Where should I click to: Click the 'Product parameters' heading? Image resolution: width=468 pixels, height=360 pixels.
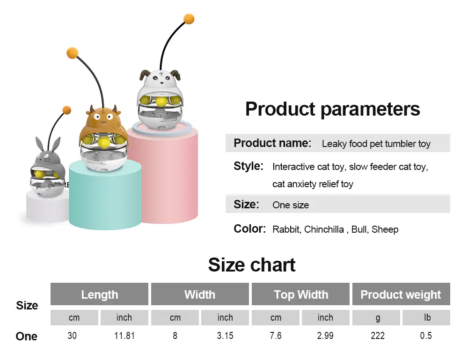click(332, 109)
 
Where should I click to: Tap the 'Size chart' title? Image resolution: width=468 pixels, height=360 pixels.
click(252, 265)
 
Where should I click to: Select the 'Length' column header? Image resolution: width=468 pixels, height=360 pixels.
click(99, 294)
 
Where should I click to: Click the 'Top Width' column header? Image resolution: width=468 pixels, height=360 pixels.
click(301, 294)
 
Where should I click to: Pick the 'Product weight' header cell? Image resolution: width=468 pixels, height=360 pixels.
click(401, 294)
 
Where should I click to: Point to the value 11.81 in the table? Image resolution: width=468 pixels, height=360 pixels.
click(124, 336)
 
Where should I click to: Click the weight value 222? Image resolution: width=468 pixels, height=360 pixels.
click(378, 336)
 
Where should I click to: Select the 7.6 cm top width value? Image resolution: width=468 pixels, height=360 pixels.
click(276, 336)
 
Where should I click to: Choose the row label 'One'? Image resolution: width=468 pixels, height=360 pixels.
click(27, 337)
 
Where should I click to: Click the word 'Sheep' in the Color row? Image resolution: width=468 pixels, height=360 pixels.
click(385, 229)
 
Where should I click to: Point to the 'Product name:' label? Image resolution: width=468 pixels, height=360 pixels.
click(272, 143)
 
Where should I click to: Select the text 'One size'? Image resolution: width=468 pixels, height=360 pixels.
click(291, 205)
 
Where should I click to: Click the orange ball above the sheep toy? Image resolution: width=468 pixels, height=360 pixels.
click(189, 19)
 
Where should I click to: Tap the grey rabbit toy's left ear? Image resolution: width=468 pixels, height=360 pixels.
click(39, 144)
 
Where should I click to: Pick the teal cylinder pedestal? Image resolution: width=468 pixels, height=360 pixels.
click(105, 197)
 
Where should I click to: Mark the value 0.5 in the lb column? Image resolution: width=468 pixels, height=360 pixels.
click(426, 336)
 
